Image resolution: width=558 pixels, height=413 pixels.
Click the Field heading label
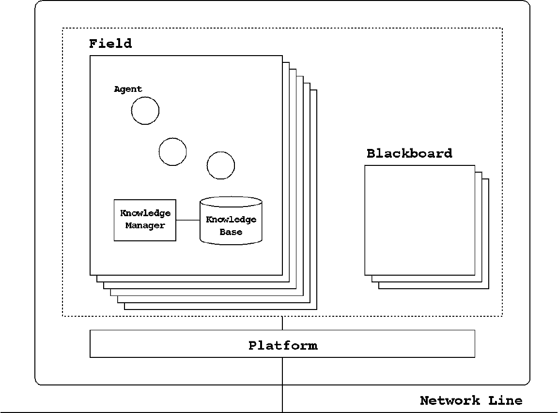coord(110,44)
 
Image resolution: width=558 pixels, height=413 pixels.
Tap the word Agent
coord(128,89)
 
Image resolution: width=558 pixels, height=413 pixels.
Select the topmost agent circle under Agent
coord(145,110)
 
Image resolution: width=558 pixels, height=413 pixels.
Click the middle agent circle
coord(172,151)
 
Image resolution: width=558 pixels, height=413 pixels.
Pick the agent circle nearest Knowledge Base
coord(220,165)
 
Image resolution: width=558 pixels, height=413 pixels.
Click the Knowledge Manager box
coord(145,220)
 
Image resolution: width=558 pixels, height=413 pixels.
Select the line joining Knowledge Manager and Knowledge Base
coord(188,220)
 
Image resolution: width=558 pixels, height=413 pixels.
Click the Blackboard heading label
coord(409,154)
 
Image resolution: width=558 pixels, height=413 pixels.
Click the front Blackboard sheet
coord(419,220)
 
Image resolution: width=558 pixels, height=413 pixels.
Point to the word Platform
coord(283,345)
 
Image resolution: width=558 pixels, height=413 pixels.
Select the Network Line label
coord(471,400)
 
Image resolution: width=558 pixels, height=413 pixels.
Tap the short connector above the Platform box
coord(282,323)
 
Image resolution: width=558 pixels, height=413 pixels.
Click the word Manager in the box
coord(145,225)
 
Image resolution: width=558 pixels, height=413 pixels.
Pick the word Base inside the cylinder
coord(231,232)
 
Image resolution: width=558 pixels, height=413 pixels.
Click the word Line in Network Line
coord(505,400)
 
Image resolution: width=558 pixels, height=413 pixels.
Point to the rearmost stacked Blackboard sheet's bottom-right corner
coord(488,288)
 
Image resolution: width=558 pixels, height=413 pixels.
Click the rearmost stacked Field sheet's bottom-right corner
coord(316,309)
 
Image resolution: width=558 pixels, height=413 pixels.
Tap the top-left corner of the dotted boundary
coord(62,28)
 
